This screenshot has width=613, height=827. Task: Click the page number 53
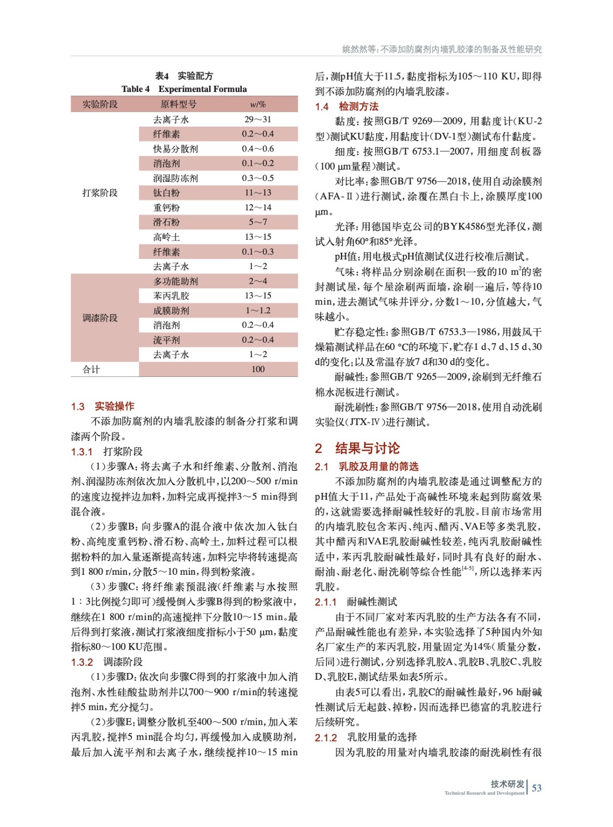tap(537, 788)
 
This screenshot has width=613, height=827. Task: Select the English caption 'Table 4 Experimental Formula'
tap(184, 89)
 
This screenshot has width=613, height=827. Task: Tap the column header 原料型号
tap(178, 104)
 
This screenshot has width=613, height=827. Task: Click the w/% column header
tap(258, 104)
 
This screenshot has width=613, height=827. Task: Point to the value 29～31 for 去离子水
tap(258, 119)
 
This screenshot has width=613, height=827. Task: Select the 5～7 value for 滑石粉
tap(258, 222)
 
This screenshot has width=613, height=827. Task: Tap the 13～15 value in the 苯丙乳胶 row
tap(258, 296)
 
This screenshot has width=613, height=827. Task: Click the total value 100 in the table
tap(258, 369)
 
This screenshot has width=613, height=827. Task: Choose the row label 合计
tap(91, 369)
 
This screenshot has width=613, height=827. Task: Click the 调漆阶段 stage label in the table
tap(100, 318)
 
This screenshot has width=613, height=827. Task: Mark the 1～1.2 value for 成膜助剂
tap(258, 311)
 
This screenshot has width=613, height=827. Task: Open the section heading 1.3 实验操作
tap(102, 406)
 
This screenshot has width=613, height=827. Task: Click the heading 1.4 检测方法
tap(347, 106)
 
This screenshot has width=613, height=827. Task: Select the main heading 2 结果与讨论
tap(357, 448)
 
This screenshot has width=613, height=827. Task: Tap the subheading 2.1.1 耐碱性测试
tap(356, 602)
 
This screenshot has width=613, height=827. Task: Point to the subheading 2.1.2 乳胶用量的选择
tap(366, 737)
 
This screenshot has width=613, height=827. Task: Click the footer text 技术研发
tap(507, 784)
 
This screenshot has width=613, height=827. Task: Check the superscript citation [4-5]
tap(468, 569)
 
